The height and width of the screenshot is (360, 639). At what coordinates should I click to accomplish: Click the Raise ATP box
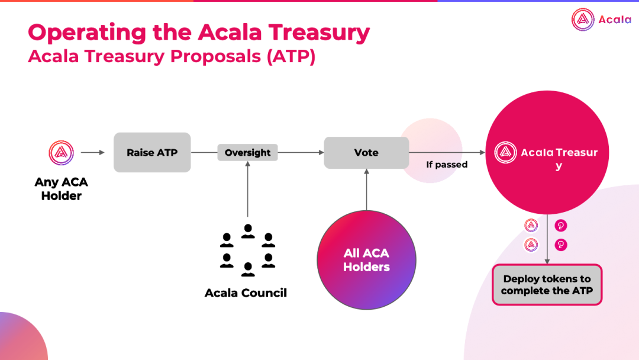[x=152, y=152]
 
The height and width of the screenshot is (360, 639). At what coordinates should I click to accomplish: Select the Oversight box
[x=247, y=153]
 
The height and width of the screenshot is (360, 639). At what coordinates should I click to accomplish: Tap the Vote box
[x=366, y=152]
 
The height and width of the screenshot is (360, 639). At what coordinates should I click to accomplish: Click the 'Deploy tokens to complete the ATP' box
[x=547, y=285]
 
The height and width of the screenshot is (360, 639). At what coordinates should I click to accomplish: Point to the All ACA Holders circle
[x=366, y=260]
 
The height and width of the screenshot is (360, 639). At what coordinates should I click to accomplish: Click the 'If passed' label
[x=447, y=165]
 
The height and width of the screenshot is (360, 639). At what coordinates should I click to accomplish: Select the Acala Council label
[x=246, y=293]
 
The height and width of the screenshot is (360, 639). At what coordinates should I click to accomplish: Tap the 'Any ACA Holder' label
[x=61, y=189]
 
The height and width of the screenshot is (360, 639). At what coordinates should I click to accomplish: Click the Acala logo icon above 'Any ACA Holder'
[x=61, y=153]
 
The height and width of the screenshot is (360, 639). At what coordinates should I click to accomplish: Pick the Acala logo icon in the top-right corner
[x=583, y=20]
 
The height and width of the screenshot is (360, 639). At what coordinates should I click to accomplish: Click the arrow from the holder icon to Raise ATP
[x=93, y=153]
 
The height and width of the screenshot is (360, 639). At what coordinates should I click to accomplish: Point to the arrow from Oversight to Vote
[x=301, y=153]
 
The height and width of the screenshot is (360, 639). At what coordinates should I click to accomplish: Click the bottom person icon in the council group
[x=248, y=270]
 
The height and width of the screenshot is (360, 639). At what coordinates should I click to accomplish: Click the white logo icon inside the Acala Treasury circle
[x=505, y=153]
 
